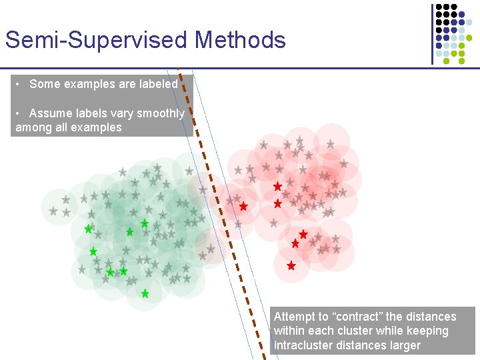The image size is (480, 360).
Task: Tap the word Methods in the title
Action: [x=240, y=40]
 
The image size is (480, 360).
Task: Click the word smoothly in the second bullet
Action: [x=159, y=113]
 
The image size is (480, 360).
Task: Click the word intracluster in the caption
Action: [x=305, y=345]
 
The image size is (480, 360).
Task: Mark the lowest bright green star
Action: [x=145, y=293]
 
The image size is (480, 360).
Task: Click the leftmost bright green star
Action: [x=88, y=229]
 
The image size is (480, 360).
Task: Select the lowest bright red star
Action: [x=291, y=265]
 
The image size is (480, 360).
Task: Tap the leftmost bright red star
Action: [x=243, y=207]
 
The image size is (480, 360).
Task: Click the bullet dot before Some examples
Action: [x=21, y=84]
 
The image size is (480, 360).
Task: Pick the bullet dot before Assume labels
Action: [x=21, y=113]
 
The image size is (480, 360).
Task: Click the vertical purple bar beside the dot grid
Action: [x=431, y=33]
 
